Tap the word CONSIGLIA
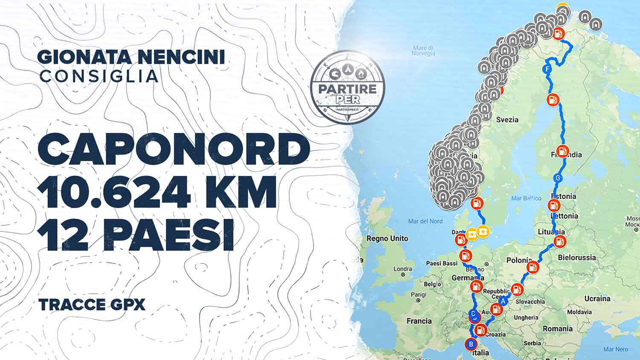click(99, 76)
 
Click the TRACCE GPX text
click(92, 305)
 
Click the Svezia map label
click(507, 120)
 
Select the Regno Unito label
click(387, 238)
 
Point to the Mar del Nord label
click(425, 221)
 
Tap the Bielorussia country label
click(577, 258)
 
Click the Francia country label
click(419, 321)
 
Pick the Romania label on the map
click(558, 329)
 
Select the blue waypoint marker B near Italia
click(471, 344)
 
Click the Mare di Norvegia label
click(424, 51)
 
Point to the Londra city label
click(403, 269)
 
